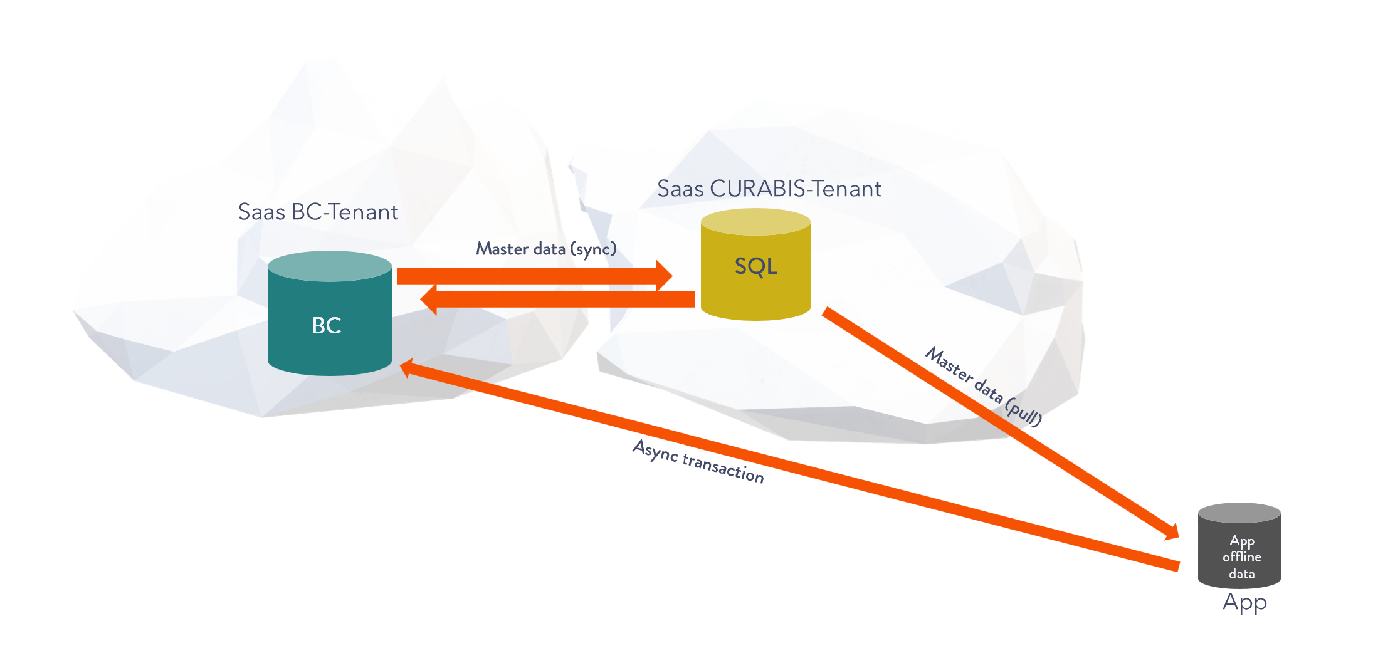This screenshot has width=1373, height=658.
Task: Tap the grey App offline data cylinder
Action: click(1239, 551)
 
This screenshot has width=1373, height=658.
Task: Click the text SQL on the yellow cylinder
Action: click(756, 266)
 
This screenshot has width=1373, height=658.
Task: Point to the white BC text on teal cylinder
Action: click(327, 325)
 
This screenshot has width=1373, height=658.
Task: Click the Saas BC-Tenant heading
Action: click(318, 212)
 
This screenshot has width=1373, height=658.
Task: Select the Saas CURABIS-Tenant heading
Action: click(769, 189)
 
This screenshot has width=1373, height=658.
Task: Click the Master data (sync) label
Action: click(546, 249)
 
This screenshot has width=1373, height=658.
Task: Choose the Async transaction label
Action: click(698, 462)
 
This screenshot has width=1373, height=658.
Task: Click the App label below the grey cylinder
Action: click(1244, 602)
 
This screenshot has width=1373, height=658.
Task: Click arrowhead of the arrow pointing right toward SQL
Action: click(664, 276)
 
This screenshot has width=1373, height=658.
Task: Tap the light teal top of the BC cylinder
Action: click(329, 266)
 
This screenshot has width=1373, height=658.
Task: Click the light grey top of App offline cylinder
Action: click(1239, 513)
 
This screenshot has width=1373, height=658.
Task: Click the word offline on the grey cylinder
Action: click(1241, 557)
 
